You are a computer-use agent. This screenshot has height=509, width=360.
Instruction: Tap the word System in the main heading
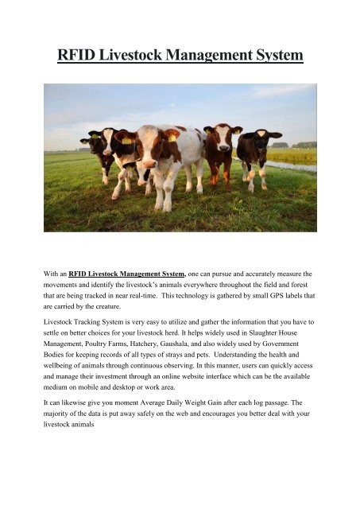[x=268, y=56]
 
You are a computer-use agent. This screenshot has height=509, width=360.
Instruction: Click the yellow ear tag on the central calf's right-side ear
[x=171, y=138]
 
